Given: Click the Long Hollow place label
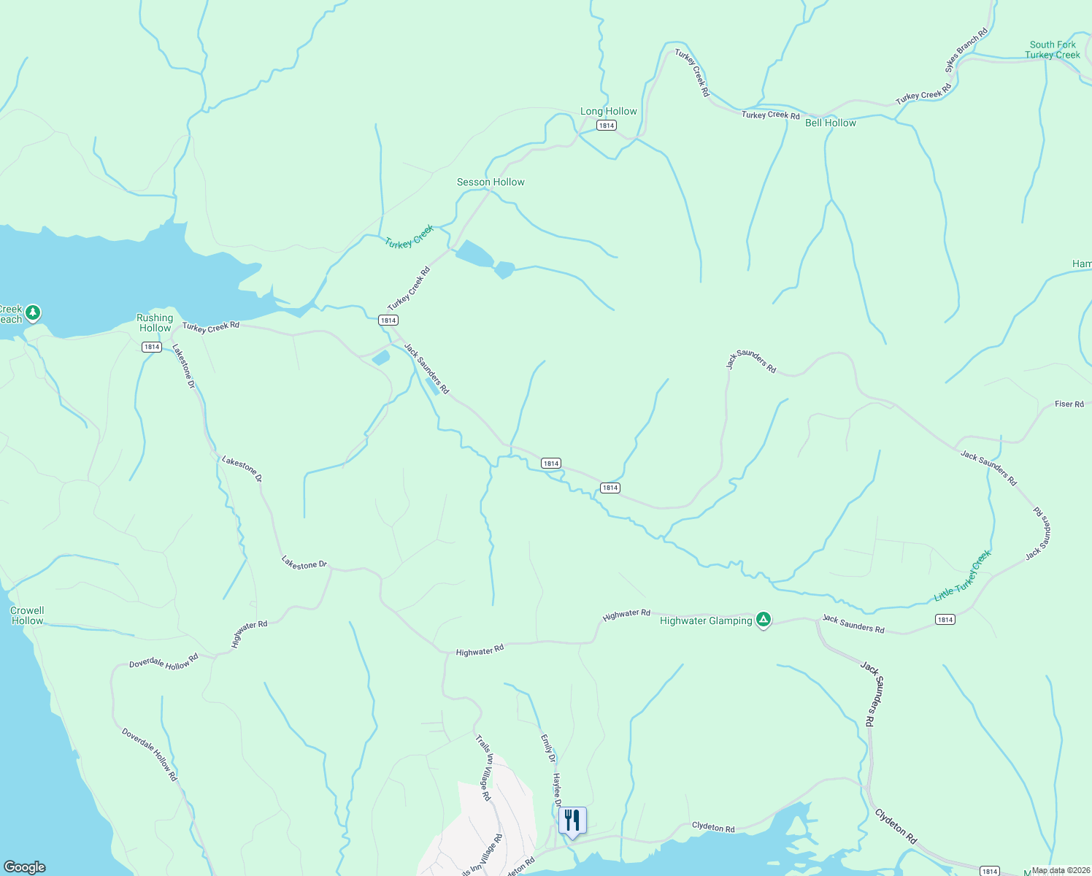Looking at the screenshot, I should tap(608, 112).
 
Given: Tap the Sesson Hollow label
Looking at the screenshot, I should tap(491, 182).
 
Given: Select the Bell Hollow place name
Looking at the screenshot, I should tap(830, 123).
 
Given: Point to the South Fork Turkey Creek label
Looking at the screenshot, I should tap(1052, 50).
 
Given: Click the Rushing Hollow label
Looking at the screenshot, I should tap(155, 323).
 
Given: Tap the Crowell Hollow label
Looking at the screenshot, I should tap(27, 615).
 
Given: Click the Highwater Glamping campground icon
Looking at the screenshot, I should tap(764, 620).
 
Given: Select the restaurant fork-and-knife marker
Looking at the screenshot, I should tap(572, 820).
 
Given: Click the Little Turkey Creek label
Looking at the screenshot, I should tap(963, 576).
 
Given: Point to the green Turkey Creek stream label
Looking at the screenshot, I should tap(409, 237).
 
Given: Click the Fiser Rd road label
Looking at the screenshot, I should tap(1069, 404).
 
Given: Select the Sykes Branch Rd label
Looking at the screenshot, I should tap(966, 50).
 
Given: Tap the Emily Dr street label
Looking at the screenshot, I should tap(547, 748).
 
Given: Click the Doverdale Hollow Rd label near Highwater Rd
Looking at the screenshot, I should tap(164, 662).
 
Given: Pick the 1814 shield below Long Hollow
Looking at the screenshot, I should tap(606, 126).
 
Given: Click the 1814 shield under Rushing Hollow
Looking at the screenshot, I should tap(152, 347).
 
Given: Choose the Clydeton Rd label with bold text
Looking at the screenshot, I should tap(896, 826).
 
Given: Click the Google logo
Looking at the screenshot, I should tap(25, 867).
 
